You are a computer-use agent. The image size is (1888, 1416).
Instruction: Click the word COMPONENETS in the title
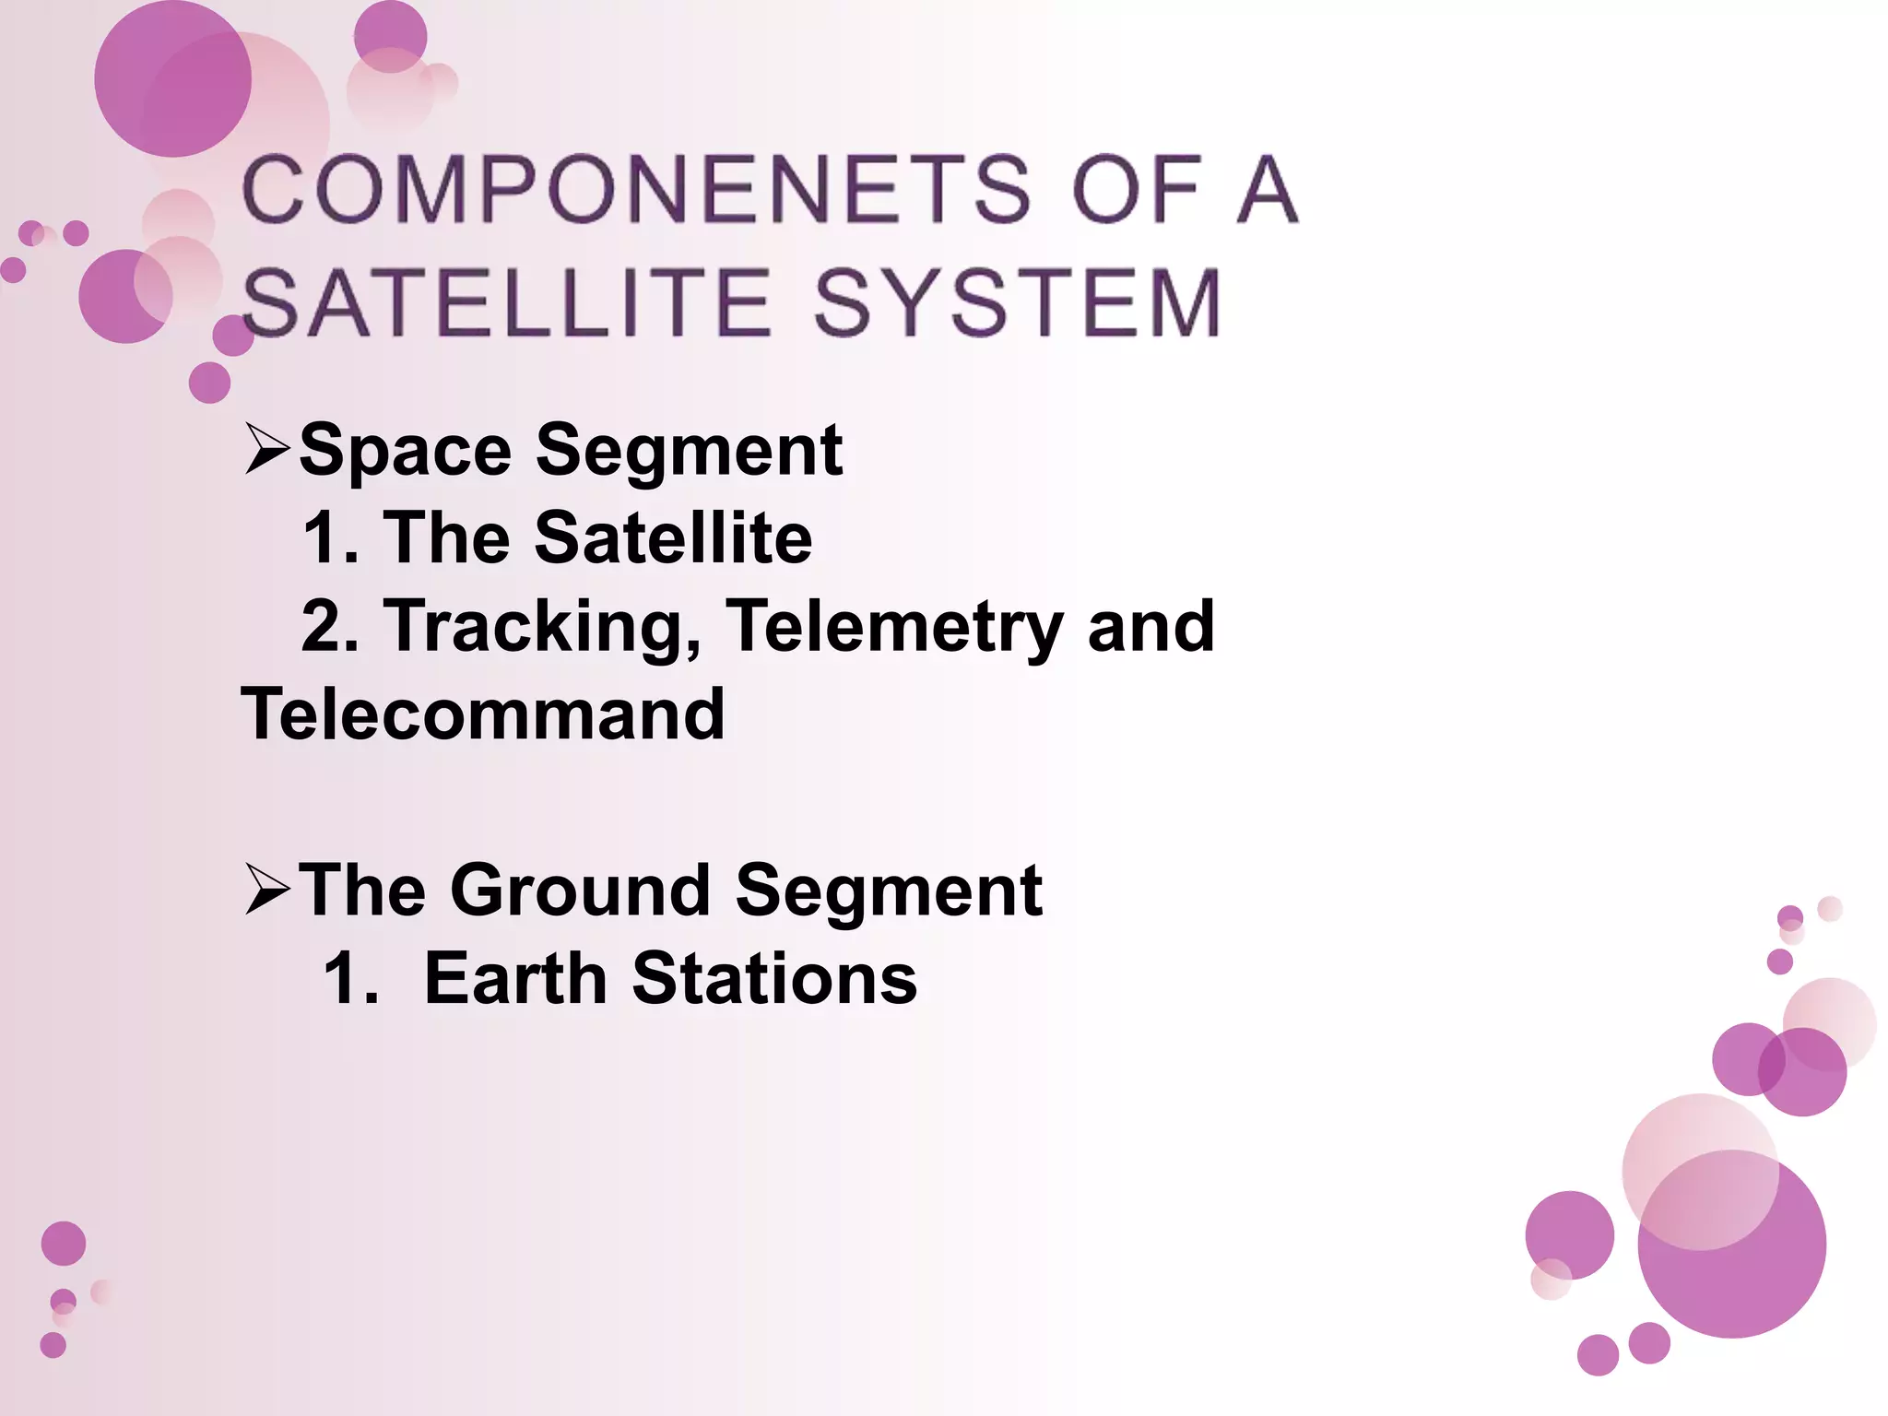636,191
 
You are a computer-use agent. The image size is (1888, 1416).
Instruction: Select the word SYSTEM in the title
1018,303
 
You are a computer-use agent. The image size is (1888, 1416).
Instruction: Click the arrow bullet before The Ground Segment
267,891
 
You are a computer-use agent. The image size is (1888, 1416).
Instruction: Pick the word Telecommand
483,714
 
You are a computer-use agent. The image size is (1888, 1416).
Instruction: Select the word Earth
514,979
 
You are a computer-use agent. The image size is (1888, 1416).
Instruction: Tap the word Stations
774,979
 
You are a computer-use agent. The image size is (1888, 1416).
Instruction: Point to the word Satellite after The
673,538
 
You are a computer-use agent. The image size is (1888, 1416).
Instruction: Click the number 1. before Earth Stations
351,979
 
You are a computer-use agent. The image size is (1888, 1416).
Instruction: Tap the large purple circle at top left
172,78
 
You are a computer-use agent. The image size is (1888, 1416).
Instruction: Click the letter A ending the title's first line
1268,191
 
